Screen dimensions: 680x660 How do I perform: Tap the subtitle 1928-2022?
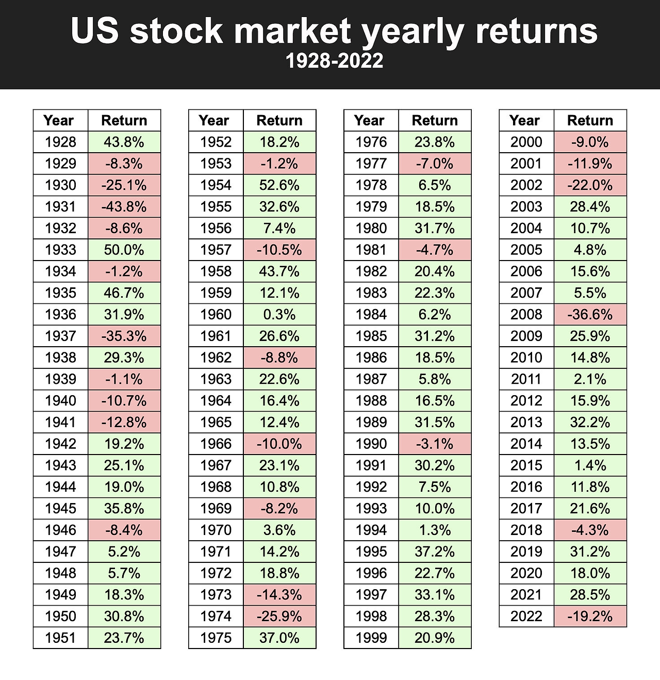(x=334, y=61)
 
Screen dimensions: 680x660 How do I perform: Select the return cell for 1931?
(x=124, y=207)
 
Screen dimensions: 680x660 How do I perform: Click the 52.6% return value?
(x=279, y=185)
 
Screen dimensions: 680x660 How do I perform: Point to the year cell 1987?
(x=371, y=379)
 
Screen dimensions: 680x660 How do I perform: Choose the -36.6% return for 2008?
(x=590, y=315)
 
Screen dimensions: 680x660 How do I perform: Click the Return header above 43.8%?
(x=124, y=120)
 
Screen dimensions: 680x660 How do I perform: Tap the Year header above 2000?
(x=524, y=120)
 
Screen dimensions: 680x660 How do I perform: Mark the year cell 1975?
(x=216, y=638)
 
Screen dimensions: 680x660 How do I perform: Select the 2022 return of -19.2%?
(x=590, y=617)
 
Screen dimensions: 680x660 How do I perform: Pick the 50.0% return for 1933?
(x=124, y=250)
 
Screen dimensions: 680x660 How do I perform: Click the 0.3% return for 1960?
(x=279, y=315)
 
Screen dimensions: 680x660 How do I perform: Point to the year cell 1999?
(x=371, y=638)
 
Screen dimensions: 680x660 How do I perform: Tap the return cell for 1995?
(x=435, y=552)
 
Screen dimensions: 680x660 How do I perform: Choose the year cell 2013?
(x=526, y=423)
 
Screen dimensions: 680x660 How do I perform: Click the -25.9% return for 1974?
(x=279, y=617)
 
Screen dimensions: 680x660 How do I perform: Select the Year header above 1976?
(x=369, y=120)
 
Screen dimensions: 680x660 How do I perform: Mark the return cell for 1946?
(x=124, y=530)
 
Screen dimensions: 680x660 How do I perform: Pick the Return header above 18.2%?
(x=279, y=120)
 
